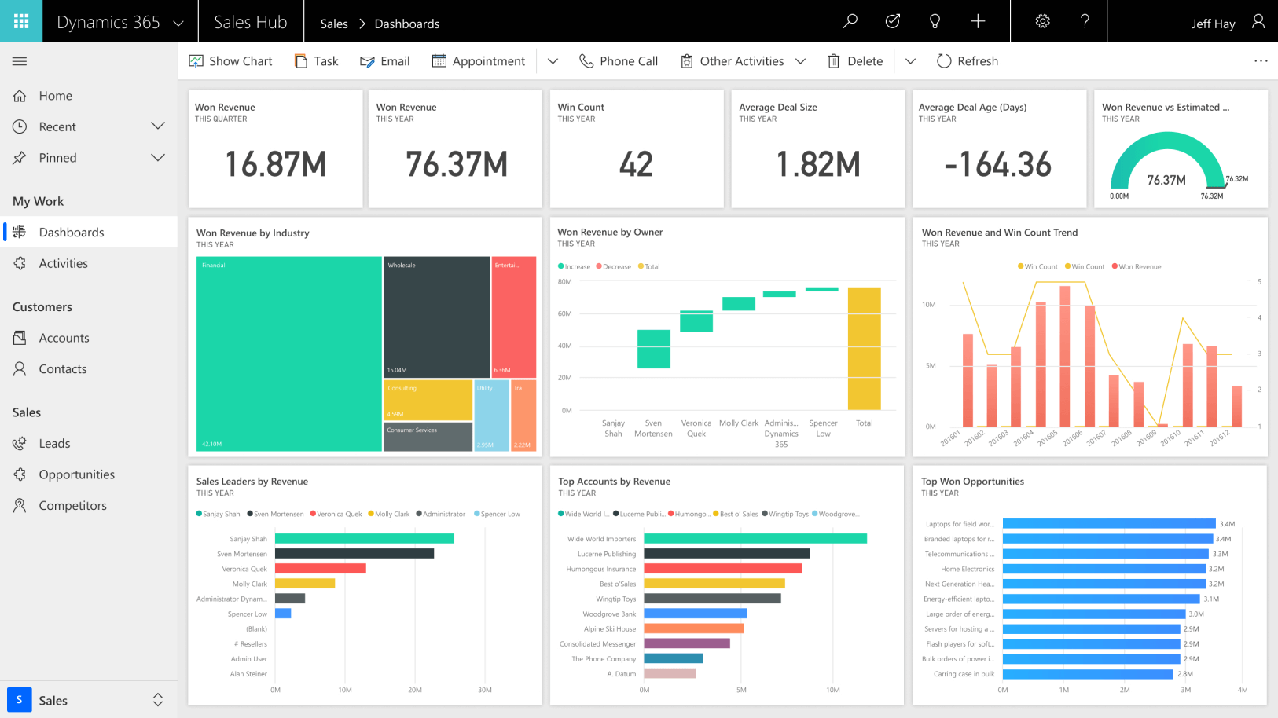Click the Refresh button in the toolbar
968,61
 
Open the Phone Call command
619,61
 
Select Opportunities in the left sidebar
76,474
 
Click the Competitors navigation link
72,506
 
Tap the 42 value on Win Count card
636,164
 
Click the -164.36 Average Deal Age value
998,164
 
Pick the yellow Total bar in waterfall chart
864,349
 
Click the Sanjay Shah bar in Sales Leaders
364,539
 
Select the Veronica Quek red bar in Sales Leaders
320,569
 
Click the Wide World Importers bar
755,539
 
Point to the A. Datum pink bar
670,674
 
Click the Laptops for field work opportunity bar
1108,524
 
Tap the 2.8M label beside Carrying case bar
1185,674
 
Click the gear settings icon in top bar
1042,21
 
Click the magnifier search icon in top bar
850,21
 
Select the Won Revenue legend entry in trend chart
1137,267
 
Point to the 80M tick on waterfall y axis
564,281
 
